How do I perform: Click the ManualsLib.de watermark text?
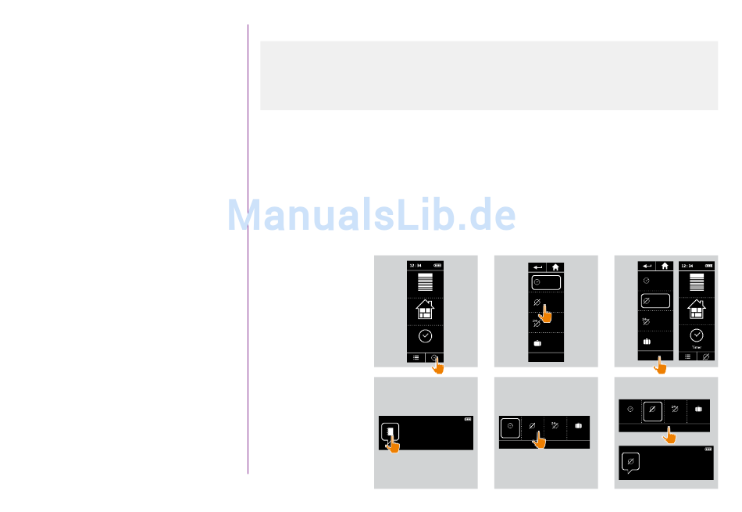click(372, 215)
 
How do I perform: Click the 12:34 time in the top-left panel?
click(416, 265)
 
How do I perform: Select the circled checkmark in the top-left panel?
click(426, 337)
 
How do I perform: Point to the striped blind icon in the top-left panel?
click(426, 283)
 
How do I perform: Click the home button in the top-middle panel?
click(555, 267)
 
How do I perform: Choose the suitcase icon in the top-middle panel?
click(537, 342)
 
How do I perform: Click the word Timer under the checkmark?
click(697, 347)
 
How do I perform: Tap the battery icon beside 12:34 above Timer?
click(710, 265)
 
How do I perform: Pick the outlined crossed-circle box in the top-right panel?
click(655, 300)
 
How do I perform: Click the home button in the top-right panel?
click(665, 266)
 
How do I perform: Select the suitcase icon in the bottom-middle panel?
click(579, 427)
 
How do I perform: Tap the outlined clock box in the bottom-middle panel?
click(510, 428)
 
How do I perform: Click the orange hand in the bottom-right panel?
click(669, 436)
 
